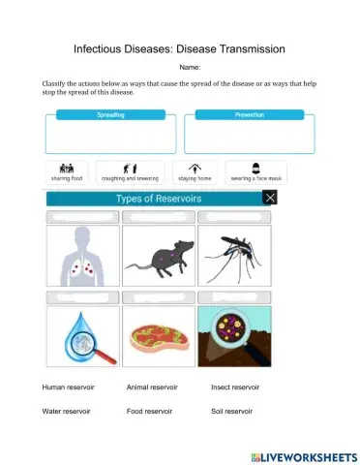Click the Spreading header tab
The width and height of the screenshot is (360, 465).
coord(110,115)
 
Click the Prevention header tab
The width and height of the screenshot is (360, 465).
coord(250,115)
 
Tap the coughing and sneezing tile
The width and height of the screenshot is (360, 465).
coord(130,172)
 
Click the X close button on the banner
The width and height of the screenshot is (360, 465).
coord(270,198)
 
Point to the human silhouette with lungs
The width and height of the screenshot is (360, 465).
coord(82,256)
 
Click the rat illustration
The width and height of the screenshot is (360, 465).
coord(158,256)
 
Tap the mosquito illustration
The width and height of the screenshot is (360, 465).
coord(234,256)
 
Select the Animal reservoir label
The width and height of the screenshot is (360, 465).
coord(152,387)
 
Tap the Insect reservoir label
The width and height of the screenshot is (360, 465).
coord(235,387)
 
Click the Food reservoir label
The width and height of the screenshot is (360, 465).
coord(150,411)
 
